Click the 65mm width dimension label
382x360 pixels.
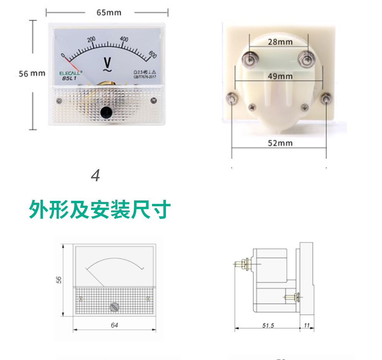tap(108, 13)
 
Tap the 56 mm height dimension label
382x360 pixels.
tap(32, 73)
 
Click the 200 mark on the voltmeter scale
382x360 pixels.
tap(91, 39)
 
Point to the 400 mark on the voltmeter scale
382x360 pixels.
tap(124, 39)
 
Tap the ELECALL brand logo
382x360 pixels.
tap(70, 73)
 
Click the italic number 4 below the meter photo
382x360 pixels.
tap(95, 176)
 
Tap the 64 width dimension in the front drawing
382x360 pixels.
tap(114, 325)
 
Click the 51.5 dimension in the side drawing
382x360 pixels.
tap(268, 326)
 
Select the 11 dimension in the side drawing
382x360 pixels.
tap(307, 326)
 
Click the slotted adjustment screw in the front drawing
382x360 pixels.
tap(115, 307)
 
